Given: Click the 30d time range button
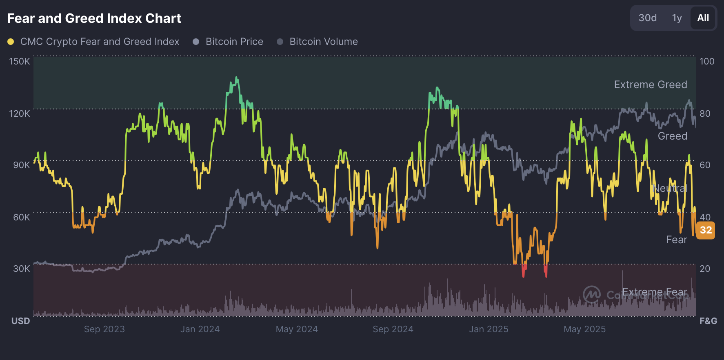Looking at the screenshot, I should [647, 18].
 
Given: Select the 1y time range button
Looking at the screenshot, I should [677, 18].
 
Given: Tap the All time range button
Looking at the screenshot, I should [703, 18].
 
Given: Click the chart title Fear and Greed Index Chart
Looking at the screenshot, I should [94, 18].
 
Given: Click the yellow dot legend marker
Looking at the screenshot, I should [11, 42].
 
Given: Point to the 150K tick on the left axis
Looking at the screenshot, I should [20, 61].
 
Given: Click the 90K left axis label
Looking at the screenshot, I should [21, 165].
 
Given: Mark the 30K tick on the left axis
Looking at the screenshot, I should [21, 269].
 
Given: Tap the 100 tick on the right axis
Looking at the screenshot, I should [707, 61].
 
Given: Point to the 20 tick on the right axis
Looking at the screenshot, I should [705, 269].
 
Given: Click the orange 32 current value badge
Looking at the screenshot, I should [706, 230].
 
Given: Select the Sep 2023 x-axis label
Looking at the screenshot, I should [104, 329].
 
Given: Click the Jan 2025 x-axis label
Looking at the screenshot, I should [489, 329].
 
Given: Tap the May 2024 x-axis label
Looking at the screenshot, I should [297, 329].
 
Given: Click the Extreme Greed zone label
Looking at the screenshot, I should [651, 84].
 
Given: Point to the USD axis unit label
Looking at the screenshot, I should [21, 321].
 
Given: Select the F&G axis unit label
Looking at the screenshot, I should [708, 321].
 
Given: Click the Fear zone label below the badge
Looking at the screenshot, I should [676, 240].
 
